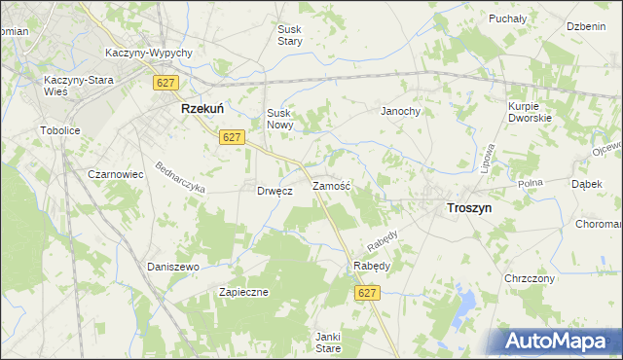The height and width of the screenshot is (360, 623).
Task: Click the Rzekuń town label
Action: click(x=203, y=111)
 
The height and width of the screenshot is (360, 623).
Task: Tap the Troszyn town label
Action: click(x=468, y=207)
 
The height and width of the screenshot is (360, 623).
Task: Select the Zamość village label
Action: click(x=331, y=185)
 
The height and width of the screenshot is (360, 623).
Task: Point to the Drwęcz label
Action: click(x=275, y=191)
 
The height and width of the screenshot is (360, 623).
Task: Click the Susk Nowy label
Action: click(x=280, y=119)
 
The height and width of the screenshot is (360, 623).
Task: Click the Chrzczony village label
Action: click(x=530, y=278)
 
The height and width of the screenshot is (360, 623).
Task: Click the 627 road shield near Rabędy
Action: click(x=367, y=293)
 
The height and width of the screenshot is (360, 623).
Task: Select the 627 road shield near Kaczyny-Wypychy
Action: click(x=164, y=84)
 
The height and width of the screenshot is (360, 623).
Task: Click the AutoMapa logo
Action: click(x=559, y=341)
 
